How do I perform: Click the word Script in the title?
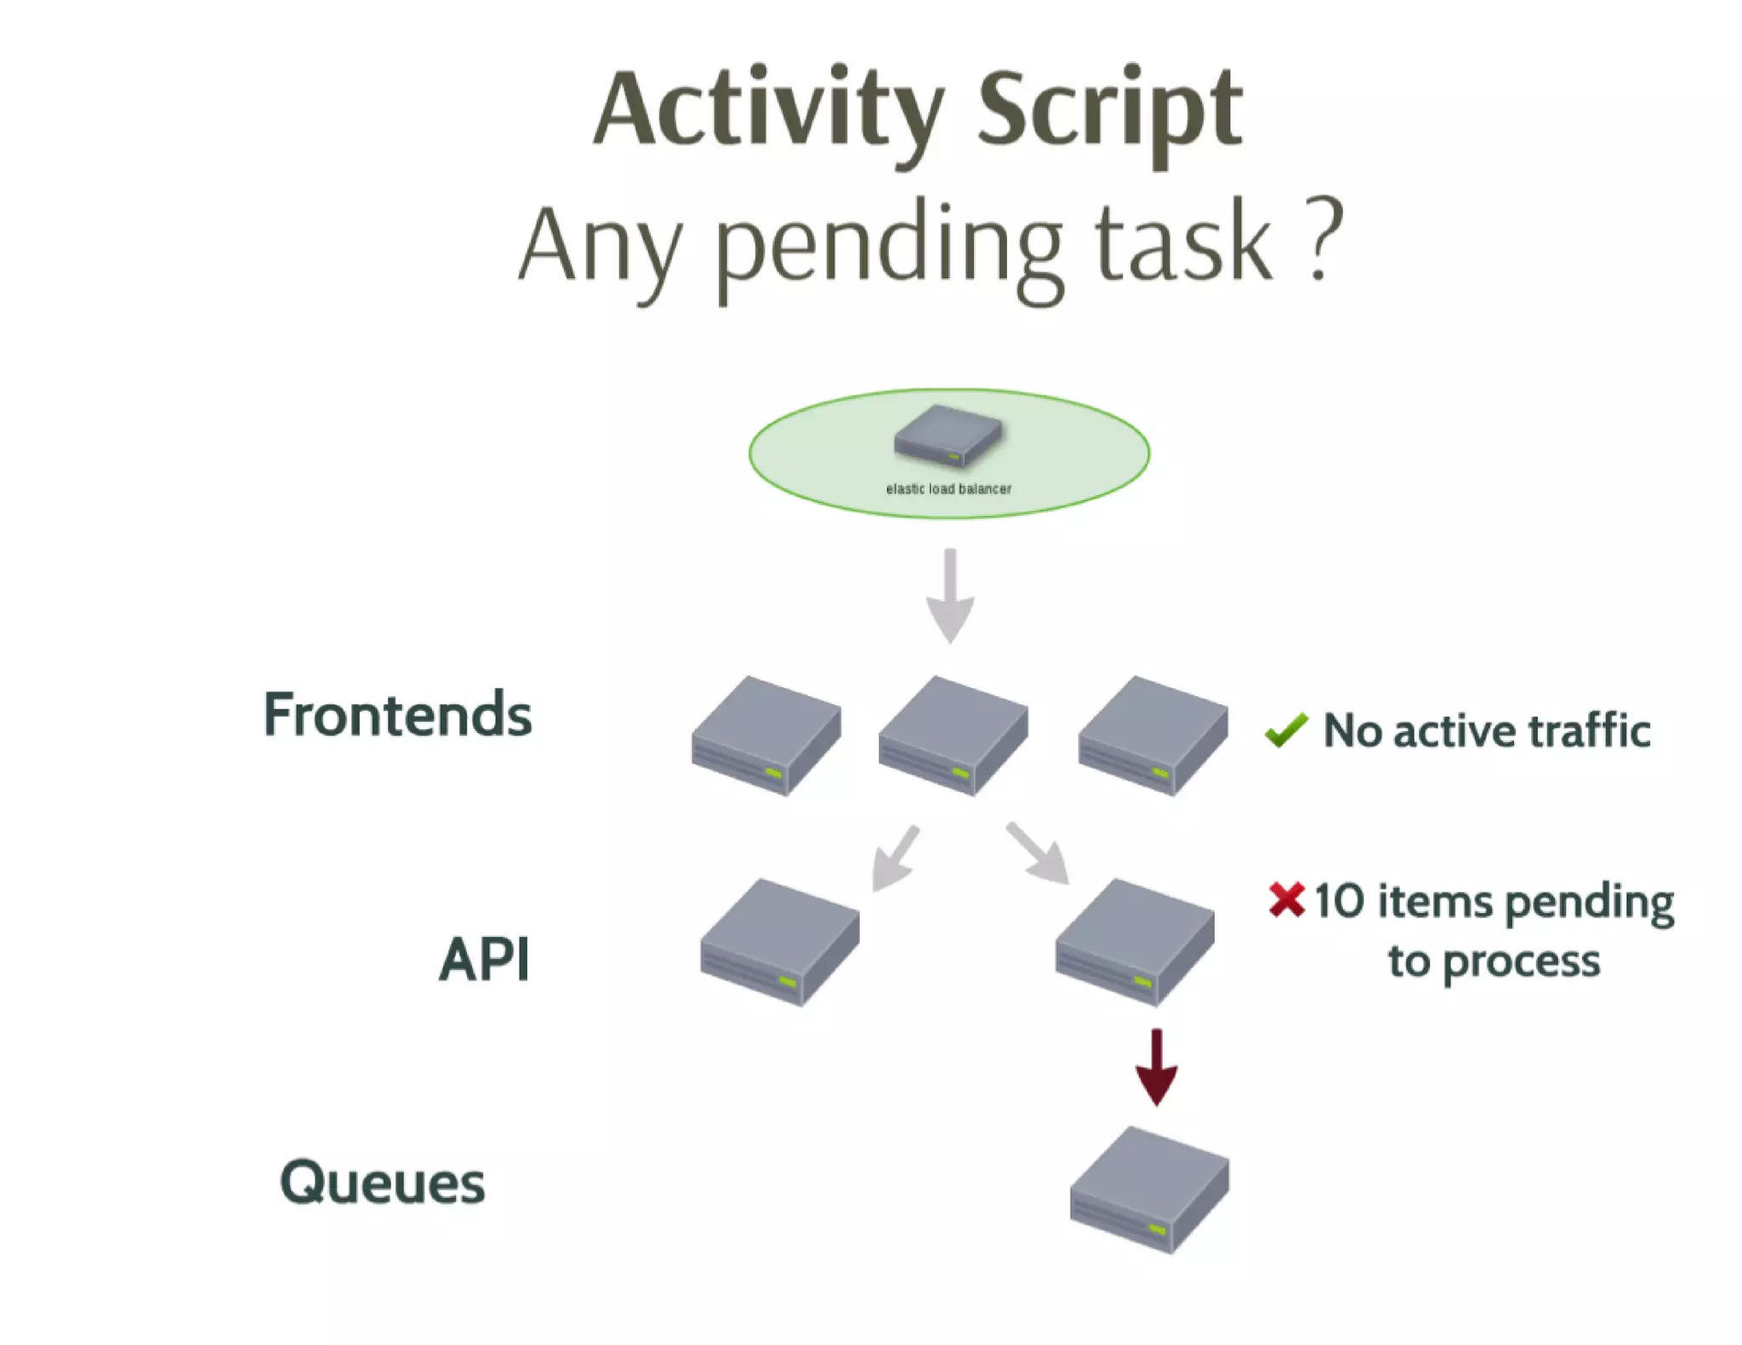coord(1110,111)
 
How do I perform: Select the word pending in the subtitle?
coord(889,247)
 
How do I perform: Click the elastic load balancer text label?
coord(948,489)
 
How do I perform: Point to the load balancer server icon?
coord(948,435)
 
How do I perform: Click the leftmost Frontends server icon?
coord(766,735)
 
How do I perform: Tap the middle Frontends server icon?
coord(953,735)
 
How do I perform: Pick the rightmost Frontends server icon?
coord(1153,735)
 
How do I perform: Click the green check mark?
coord(1285,730)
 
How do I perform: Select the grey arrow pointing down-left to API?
coord(895,859)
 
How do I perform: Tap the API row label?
coord(484,959)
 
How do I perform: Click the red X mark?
coord(1286,900)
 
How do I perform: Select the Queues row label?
coord(382,1182)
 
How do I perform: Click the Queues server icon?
coord(1149,1189)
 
